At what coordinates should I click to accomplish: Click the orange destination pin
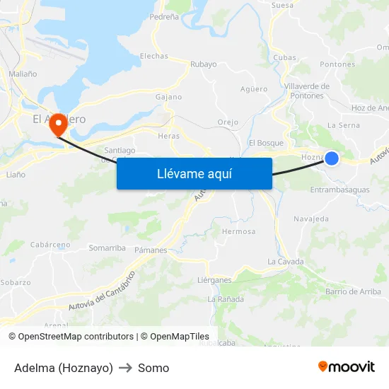click(59, 125)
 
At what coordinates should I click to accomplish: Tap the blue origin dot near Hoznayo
click(331, 158)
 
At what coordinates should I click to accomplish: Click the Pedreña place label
click(164, 16)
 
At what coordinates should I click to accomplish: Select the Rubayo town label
click(203, 64)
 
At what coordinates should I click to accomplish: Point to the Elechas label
click(153, 56)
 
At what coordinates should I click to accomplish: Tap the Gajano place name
click(168, 97)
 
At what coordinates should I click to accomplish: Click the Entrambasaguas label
click(339, 190)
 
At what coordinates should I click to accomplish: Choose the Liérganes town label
click(214, 280)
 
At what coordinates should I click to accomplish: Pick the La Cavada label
click(285, 262)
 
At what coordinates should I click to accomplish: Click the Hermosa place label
click(238, 231)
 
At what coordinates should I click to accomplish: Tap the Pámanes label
click(150, 250)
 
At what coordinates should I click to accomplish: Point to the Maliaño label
click(23, 74)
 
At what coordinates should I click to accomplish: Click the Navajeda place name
click(311, 219)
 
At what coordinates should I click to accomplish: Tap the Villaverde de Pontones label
click(306, 91)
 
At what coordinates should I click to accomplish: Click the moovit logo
click(347, 366)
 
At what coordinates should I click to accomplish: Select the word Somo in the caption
click(153, 368)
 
